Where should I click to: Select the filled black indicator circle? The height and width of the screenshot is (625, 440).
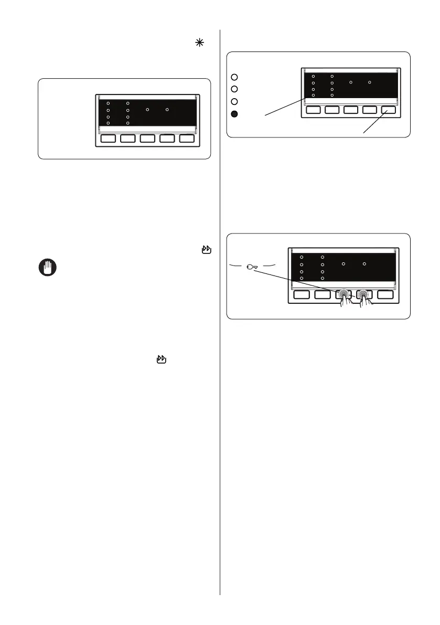click(x=235, y=114)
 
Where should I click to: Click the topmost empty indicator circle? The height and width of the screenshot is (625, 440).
click(x=235, y=77)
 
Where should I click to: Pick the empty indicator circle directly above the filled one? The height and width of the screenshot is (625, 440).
click(x=235, y=101)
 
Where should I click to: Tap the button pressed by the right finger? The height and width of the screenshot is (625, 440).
click(x=364, y=294)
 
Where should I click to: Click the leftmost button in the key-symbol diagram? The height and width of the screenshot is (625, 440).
click(x=302, y=294)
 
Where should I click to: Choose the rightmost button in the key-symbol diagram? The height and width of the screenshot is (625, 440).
click(x=385, y=294)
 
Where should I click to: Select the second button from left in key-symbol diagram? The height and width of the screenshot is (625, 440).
click(x=323, y=294)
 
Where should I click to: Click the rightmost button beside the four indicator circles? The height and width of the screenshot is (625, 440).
click(x=389, y=110)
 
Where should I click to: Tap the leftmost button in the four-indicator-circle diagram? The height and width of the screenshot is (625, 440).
click(x=314, y=110)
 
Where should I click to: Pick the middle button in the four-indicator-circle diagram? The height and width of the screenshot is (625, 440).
click(x=351, y=110)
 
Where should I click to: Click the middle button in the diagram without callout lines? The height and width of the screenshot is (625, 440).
click(x=147, y=139)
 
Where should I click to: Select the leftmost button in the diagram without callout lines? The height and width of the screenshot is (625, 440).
click(x=109, y=139)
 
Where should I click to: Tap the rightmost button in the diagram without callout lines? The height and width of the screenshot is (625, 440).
click(x=187, y=139)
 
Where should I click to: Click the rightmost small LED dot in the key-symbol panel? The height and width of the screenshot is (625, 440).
click(x=364, y=263)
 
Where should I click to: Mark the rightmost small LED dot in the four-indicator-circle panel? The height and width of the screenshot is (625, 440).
click(x=370, y=82)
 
